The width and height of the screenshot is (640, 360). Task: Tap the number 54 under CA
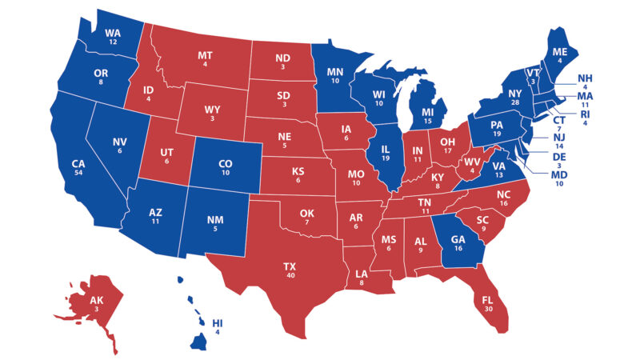click(78, 174)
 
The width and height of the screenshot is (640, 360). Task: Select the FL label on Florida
click(487, 303)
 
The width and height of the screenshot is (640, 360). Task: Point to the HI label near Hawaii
click(218, 323)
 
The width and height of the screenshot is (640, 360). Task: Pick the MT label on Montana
click(204, 55)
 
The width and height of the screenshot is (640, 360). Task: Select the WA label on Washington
click(114, 33)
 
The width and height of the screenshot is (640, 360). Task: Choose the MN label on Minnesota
click(335, 71)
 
